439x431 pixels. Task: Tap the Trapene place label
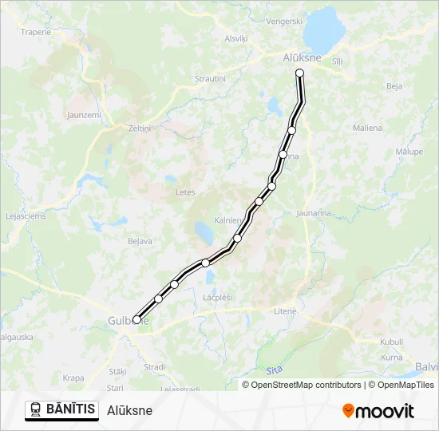point(36,33)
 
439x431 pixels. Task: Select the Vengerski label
point(286,22)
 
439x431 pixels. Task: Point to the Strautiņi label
point(211,79)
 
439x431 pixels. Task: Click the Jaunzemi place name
point(84,116)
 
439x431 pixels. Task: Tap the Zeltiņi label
point(139,128)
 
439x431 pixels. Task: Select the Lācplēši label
point(217,297)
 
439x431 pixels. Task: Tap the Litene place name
point(285,311)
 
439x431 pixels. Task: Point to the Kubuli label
point(392,341)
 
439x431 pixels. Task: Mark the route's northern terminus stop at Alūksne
point(300,73)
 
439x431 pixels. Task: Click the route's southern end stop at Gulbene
point(136,319)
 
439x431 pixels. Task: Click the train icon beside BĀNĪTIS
point(36,410)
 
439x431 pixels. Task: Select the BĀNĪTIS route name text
point(71,409)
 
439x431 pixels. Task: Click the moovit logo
point(378,411)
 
